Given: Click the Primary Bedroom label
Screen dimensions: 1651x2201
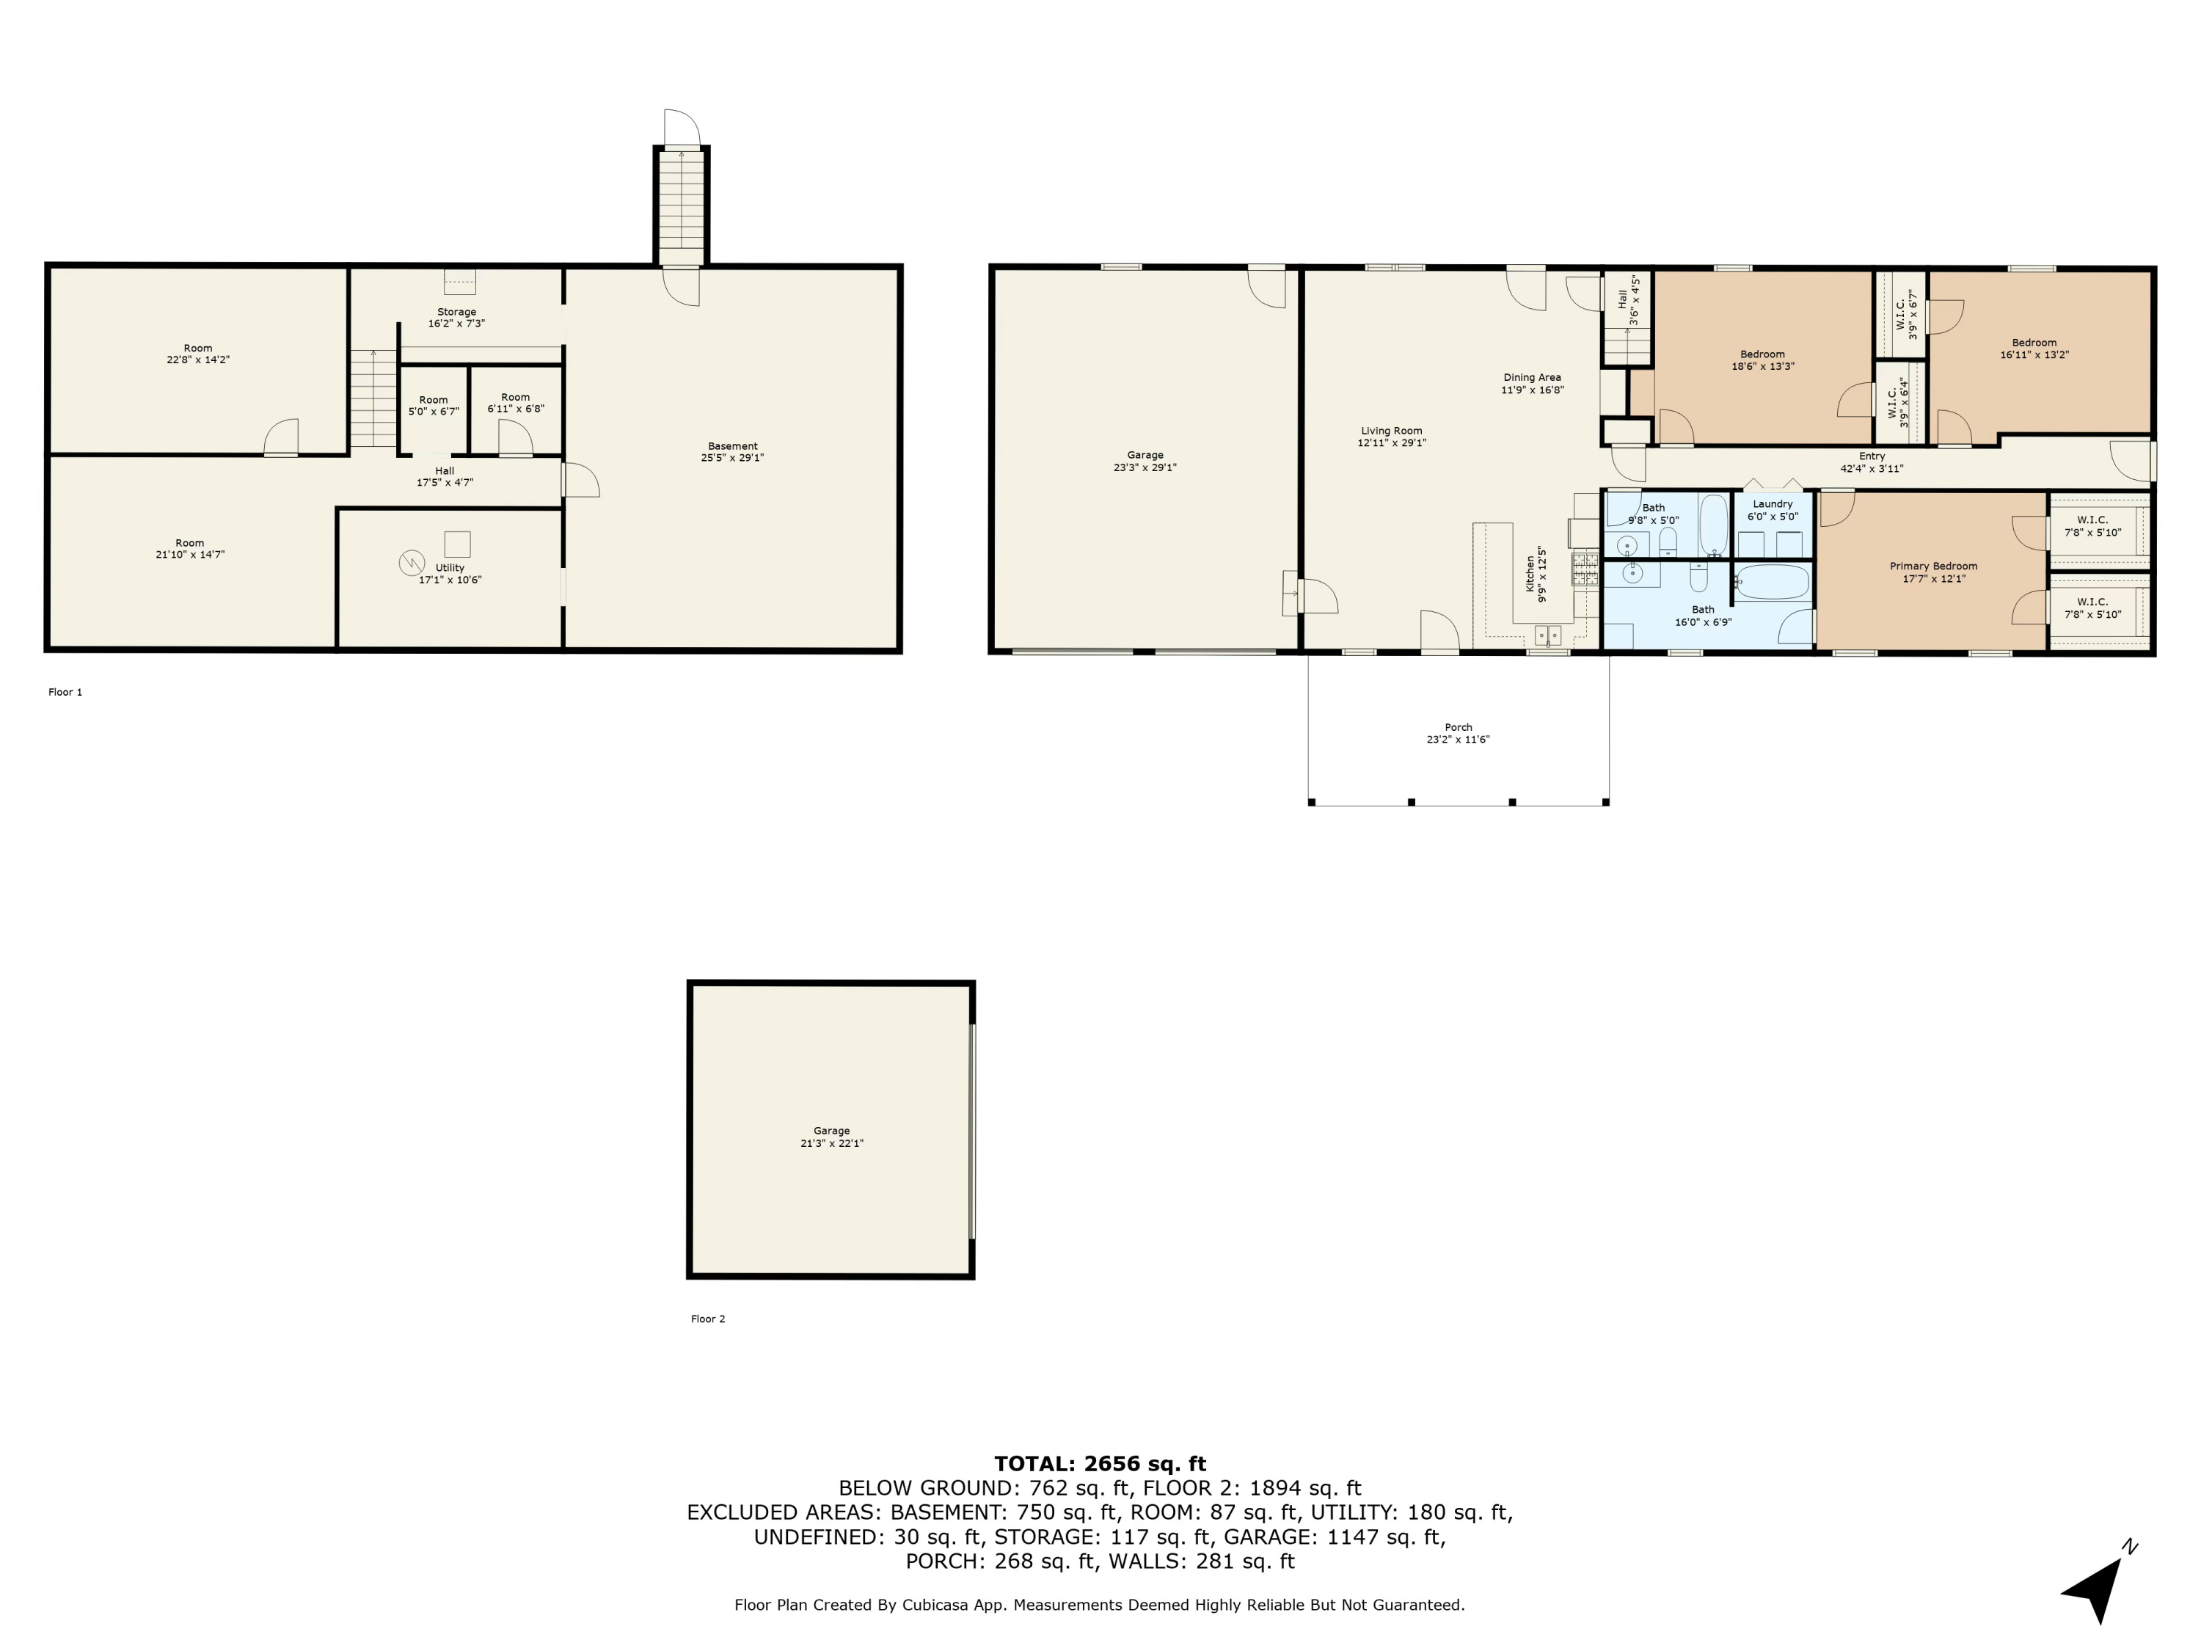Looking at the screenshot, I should (1933, 566).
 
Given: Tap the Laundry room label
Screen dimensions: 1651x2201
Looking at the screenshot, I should (1772, 505).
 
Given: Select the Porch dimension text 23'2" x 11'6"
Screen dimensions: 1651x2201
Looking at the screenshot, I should (1458, 740).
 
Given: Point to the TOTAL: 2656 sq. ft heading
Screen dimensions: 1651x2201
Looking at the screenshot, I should (1100, 1464).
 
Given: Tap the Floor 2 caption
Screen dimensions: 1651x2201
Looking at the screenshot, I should (707, 1319).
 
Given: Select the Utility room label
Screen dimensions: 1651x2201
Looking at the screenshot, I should (450, 568).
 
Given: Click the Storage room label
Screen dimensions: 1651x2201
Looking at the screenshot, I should (457, 313).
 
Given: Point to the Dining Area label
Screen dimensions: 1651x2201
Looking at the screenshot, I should (1531, 378).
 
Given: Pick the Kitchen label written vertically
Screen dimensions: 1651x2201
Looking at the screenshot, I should (1530, 575).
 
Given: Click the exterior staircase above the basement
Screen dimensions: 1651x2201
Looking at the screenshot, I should (681, 204).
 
